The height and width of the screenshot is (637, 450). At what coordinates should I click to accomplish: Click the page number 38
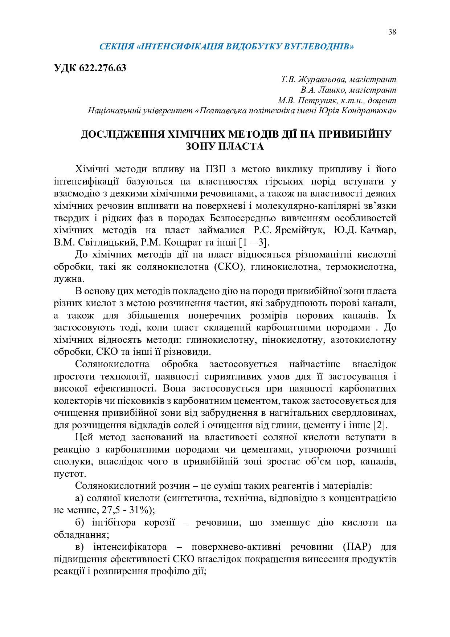pos(392,32)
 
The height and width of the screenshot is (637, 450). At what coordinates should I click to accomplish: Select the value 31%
pos(139,510)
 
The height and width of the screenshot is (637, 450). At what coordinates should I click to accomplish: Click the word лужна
pos(68,279)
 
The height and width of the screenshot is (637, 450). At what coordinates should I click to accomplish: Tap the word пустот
pos(69,474)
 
